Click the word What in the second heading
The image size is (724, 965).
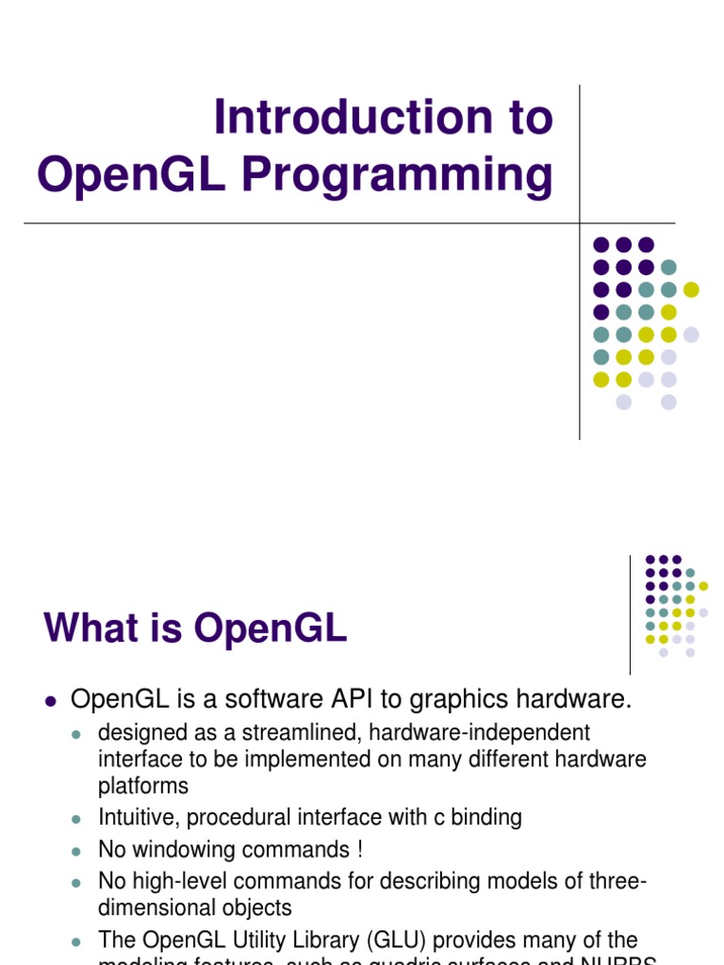pyautogui.click(x=92, y=629)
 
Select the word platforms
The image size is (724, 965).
pyautogui.click(x=143, y=785)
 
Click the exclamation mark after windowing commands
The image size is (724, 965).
pyautogui.click(x=360, y=849)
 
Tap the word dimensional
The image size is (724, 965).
pyautogui.click(x=157, y=908)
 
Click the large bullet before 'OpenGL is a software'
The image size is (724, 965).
pyautogui.click(x=52, y=701)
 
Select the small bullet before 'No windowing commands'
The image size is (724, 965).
pyautogui.click(x=78, y=850)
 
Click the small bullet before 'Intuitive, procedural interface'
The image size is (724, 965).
pyautogui.click(x=78, y=818)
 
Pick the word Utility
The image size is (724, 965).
pyautogui.click(x=261, y=940)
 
